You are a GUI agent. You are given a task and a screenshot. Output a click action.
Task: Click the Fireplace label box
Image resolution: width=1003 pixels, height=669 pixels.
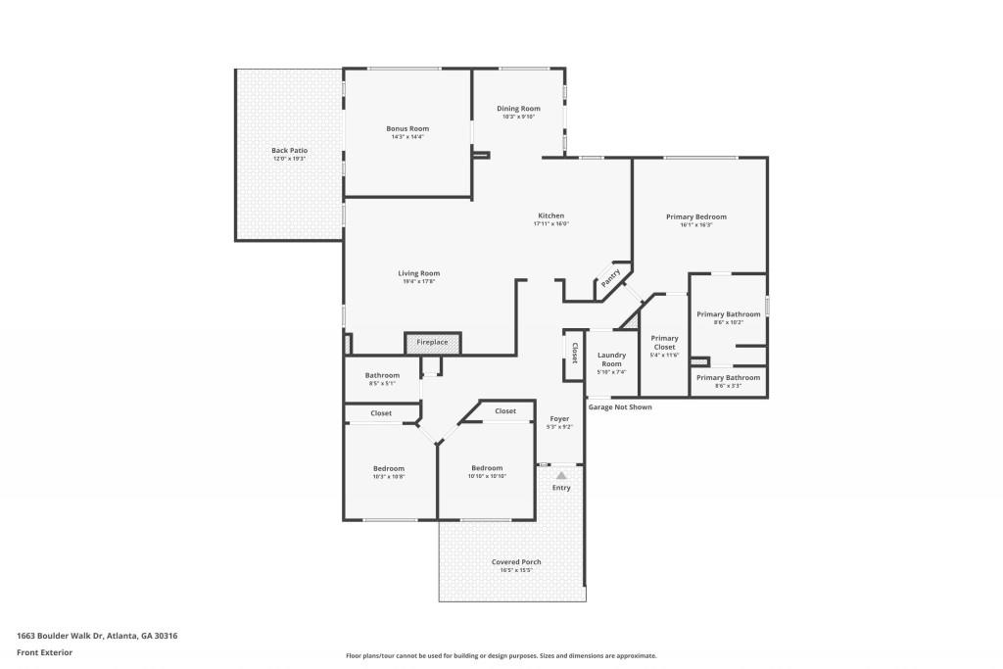pyautogui.click(x=432, y=343)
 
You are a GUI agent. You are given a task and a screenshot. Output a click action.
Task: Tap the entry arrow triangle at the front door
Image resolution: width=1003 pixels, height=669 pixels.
pyautogui.click(x=561, y=475)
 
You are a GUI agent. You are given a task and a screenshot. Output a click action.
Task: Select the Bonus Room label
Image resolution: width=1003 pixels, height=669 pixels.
pyautogui.click(x=407, y=128)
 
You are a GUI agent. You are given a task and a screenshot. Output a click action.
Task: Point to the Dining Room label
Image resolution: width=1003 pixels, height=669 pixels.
pyautogui.click(x=518, y=109)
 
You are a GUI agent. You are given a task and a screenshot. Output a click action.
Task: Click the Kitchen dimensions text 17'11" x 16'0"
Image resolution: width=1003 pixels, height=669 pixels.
pyautogui.click(x=550, y=224)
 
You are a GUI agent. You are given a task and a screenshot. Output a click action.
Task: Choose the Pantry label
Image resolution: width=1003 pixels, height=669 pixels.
pyautogui.click(x=610, y=278)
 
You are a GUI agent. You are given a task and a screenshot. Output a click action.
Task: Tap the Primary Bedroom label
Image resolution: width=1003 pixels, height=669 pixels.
pyautogui.click(x=695, y=216)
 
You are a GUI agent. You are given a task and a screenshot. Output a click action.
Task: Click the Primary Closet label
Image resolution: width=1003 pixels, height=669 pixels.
pyautogui.click(x=664, y=342)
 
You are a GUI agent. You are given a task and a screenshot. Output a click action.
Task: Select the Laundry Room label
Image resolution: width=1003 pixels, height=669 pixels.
pyautogui.click(x=611, y=358)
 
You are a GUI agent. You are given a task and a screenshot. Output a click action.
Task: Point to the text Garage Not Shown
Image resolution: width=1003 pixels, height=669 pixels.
pyautogui.click(x=619, y=407)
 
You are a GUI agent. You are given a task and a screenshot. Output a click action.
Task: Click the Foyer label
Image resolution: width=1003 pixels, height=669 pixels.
pyautogui.click(x=559, y=418)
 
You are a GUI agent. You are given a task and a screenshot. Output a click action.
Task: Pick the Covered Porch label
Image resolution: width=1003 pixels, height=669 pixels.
pyautogui.click(x=516, y=561)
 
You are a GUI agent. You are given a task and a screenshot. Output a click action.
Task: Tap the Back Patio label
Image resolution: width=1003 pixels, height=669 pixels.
pyautogui.click(x=289, y=150)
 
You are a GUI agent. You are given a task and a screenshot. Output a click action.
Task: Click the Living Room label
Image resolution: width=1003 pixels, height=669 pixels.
pyautogui.click(x=418, y=273)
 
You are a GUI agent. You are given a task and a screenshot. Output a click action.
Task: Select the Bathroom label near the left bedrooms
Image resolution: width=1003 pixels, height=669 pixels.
pyautogui.click(x=382, y=375)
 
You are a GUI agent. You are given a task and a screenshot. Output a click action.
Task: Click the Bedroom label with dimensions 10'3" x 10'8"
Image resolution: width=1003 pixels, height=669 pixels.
pyautogui.click(x=388, y=468)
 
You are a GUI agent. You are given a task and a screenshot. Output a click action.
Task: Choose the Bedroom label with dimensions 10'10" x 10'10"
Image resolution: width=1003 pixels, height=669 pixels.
pyautogui.click(x=486, y=468)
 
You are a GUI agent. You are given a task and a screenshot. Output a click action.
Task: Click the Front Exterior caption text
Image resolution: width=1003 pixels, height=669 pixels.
pyautogui.click(x=44, y=652)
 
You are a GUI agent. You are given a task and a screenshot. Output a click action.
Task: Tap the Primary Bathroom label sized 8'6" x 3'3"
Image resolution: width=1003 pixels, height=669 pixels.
pyautogui.click(x=728, y=377)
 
